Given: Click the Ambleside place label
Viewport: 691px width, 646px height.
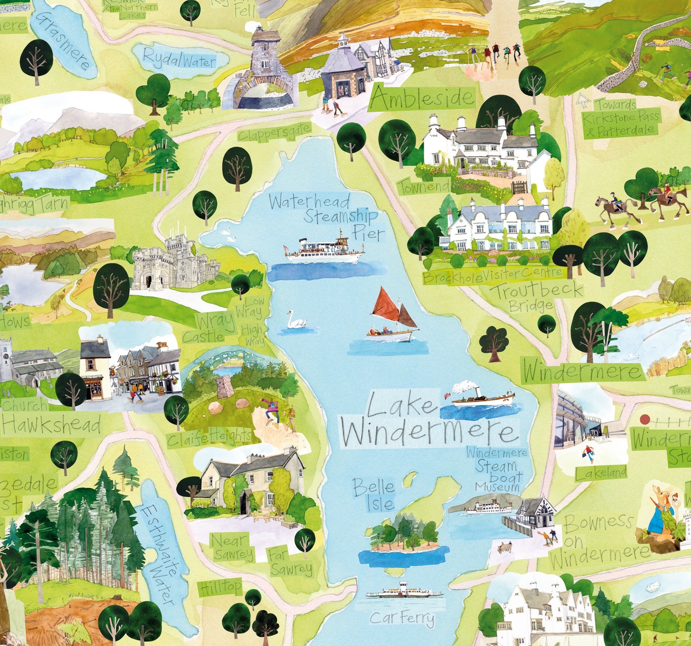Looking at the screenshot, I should (x=421, y=98).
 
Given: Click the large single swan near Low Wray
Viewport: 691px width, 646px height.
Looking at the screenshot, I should (x=296, y=321).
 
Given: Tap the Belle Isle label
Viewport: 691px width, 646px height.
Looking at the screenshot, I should (x=373, y=495).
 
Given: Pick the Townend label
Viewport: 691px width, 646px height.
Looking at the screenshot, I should (x=423, y=188).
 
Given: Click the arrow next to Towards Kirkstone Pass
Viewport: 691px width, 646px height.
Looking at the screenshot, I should (x=583, y=101).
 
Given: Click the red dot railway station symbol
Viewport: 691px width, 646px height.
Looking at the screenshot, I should (x=645, y=420).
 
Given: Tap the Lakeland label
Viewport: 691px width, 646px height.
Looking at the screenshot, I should (x=601, y=473).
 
